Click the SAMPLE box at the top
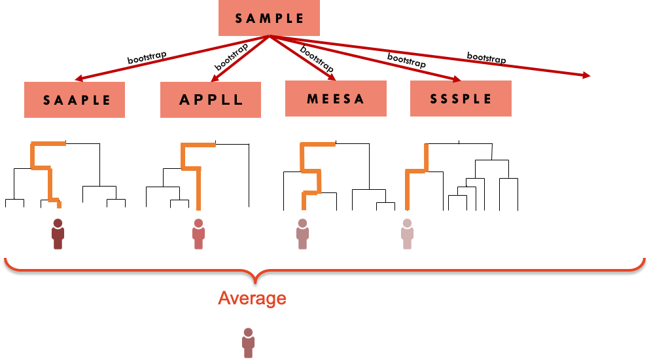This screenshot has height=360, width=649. [x=269, y=18]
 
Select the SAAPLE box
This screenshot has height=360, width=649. [x=75, y=99]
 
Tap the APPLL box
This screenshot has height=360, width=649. [x=211, y=99]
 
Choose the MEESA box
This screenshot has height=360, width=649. [x=336, y=99]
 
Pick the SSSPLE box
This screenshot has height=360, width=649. [x=461, y=99]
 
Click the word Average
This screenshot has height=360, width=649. [x=252, y=298]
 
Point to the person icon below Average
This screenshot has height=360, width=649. [x=248, y=342]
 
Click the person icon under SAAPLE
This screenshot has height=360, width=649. [x=58, y=234]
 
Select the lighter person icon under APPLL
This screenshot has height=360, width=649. [x=198, y=234]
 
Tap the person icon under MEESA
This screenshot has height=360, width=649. [x=302, y=234]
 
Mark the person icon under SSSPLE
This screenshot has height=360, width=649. [x=407, y=234]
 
